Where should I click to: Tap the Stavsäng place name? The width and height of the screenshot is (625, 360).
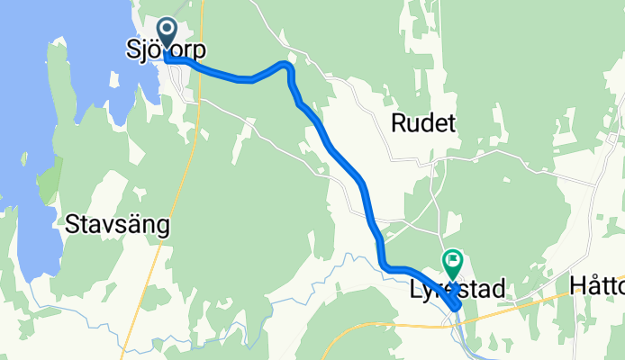tap(117, 226)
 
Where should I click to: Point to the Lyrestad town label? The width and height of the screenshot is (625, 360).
tap(455, 288)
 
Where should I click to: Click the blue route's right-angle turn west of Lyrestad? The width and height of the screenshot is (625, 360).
tap(385, 266)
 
